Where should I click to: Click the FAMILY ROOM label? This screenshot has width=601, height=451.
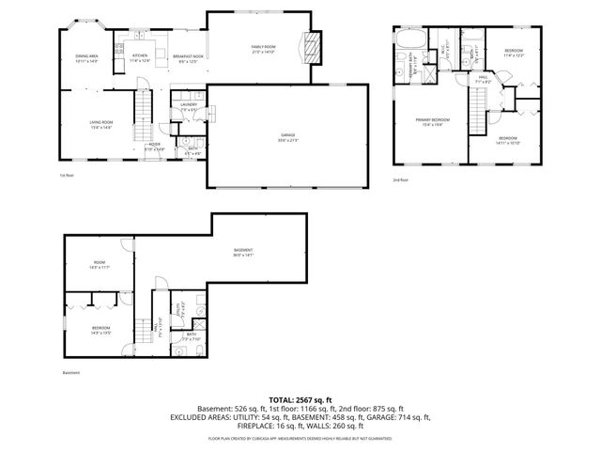click(x=262, y=49)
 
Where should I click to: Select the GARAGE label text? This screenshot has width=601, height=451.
click(x=287, y=137)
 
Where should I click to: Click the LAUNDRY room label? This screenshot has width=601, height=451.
click(x=188, y=106)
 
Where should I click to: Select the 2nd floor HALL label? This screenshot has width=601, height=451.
click(x=483, y=79)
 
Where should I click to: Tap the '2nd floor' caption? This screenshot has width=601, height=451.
click(x=401, y=179)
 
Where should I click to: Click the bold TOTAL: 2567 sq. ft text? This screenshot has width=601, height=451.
click(x=300, y=399)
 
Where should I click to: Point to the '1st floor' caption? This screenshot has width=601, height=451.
click(x=66, y=176)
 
